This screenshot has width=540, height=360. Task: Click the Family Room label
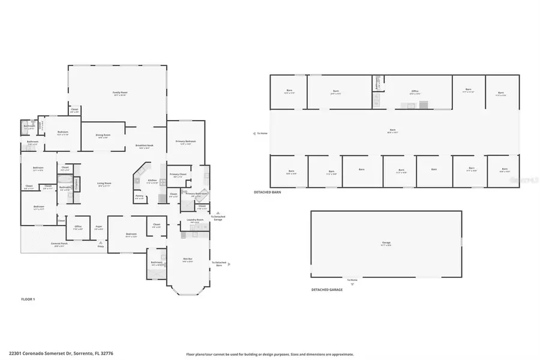click(119, 94)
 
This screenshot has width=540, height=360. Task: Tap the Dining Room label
click(103, 136)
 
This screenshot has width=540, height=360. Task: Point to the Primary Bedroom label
click(187, 142)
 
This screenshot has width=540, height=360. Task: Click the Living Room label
click(104, 184)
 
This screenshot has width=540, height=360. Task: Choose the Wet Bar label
click(187, 260)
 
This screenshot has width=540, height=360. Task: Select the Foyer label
click(98, 227)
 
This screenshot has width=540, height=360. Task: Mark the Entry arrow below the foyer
click(100, 245)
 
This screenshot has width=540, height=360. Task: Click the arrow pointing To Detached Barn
click(229, 263)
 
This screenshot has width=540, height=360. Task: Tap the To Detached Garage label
click(217, 218)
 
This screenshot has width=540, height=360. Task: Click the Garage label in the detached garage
click(386, 244)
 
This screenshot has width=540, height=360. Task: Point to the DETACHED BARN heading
click(267, 192)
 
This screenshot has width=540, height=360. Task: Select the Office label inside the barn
click(414, 92)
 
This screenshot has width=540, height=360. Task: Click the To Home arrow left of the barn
click(254, 133)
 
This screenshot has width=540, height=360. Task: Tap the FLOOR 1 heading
click(28, 298)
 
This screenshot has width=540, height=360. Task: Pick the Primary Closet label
click(178, 175)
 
